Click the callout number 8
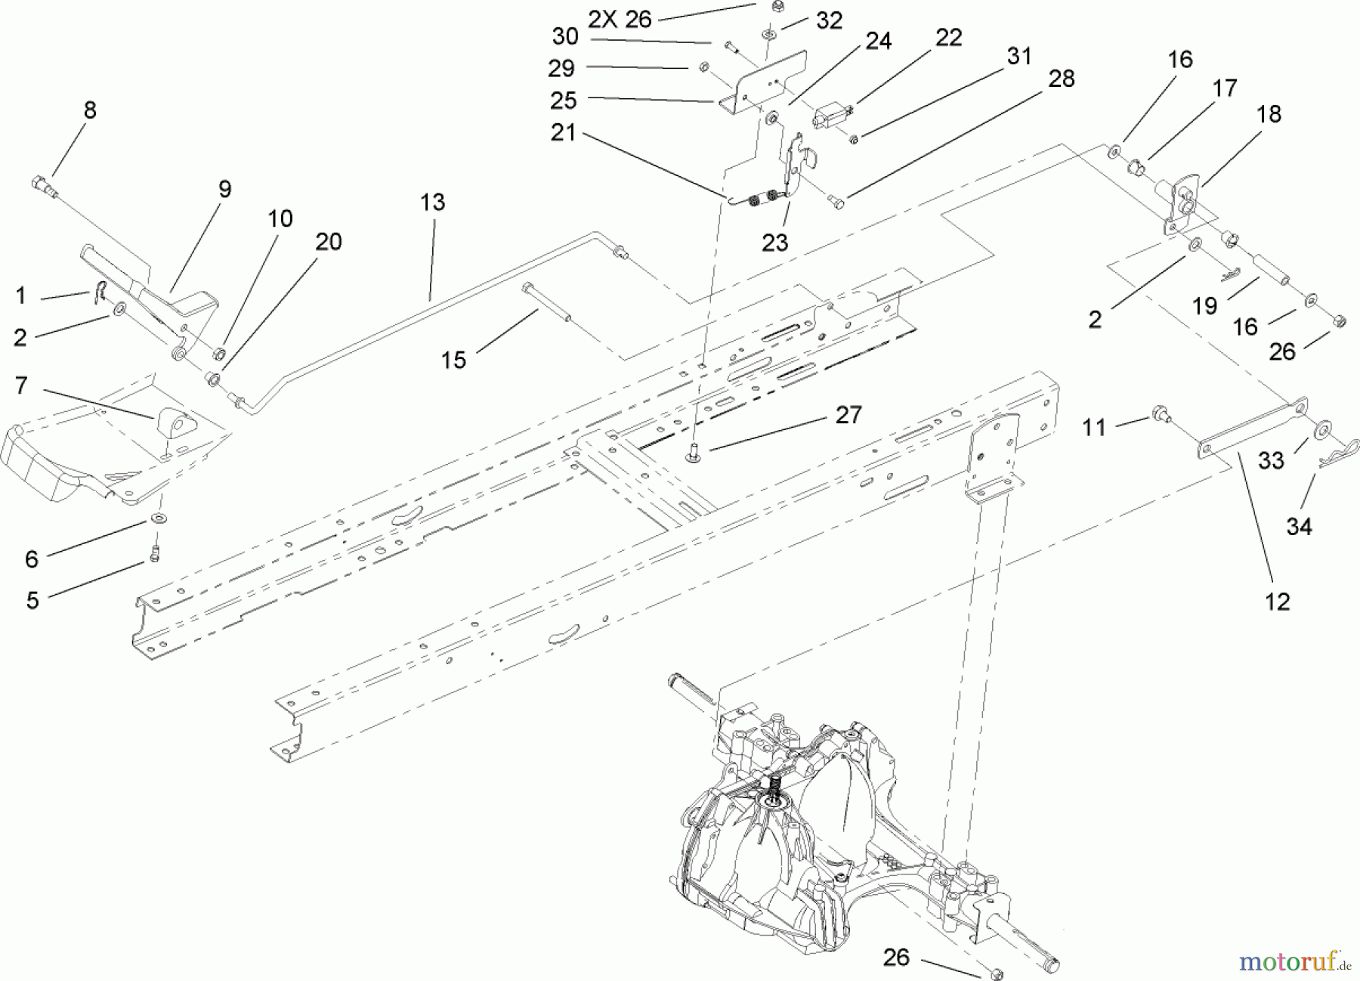[90, 110]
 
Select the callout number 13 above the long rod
[433, 203]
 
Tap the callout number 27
[848, 415]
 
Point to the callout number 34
[1299, 526]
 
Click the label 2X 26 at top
[620, 20]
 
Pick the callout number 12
[1278, 602]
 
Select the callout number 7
[21, 385]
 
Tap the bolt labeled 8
[45, 186]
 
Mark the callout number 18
[1269, 114]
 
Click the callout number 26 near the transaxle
[896, 958]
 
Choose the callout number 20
[329, 242]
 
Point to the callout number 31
[1019, 56]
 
